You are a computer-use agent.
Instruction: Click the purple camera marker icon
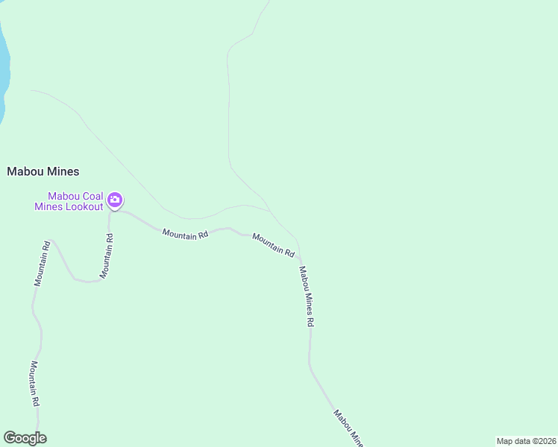click(115, 200)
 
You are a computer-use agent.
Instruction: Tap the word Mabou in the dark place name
click(24, 171)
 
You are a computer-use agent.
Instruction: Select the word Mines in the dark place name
click(61, 171)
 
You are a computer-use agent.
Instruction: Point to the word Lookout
click(84, 206)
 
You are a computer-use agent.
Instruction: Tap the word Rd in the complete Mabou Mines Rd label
click(310, 321)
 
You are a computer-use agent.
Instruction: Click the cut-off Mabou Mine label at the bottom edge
click(348, 428)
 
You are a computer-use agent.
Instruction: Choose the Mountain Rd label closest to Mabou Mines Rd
click(273, 245)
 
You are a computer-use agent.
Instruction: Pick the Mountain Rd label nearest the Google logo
click(34, 383)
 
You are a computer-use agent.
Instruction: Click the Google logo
click(25, 438)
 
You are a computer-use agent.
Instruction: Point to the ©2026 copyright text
click(544, 440)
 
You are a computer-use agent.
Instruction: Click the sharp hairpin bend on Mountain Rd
click(87, 282)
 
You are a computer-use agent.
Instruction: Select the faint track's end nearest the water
click(31, 91)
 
